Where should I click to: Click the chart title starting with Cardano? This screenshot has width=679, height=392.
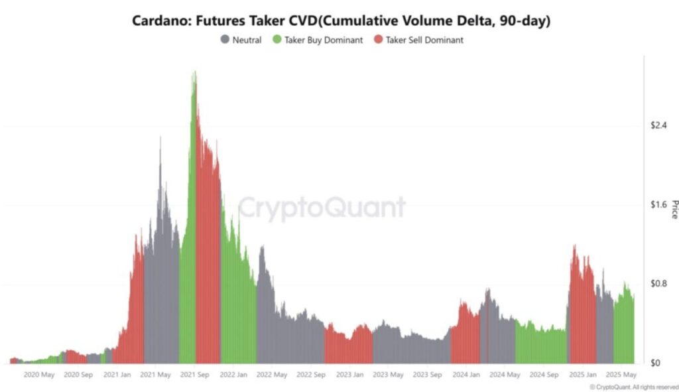pos(341,21)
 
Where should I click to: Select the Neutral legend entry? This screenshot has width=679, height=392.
pos(247,40)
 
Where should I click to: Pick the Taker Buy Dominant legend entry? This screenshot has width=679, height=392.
pos(324,40)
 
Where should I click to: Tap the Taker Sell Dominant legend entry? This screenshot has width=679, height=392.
pos(424,40)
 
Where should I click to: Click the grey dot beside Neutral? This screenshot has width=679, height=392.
pos(225,40)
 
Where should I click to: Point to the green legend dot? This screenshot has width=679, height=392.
pos(277,40)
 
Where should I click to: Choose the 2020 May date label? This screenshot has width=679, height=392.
pos(39,375)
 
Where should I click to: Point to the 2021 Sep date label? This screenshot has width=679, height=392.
pos(195,375)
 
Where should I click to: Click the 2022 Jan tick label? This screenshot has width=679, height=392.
pos(233,375)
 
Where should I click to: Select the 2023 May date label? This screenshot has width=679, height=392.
pos(388,375)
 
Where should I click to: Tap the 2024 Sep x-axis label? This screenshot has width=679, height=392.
pos(543,375)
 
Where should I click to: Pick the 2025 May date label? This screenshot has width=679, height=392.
pos(621,375)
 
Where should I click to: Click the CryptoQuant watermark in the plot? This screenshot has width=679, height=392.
pos(322,208)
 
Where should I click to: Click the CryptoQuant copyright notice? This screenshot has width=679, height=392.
pos(633,387)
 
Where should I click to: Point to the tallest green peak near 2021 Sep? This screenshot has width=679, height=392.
pos(194,73)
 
